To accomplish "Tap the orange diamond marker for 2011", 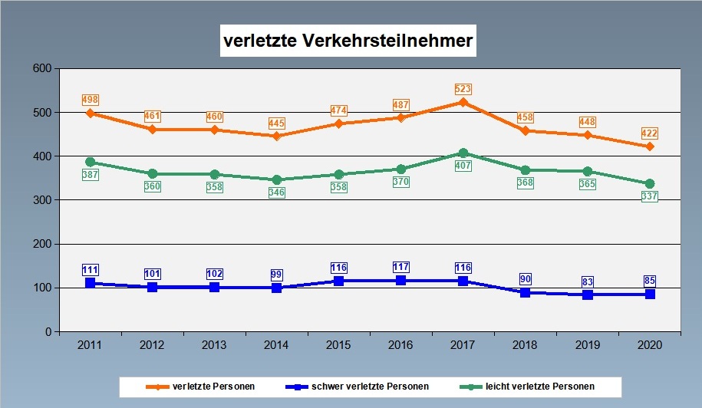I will coord(91,114).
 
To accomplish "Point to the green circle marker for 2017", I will coord(463,153).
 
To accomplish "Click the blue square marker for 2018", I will coord(525,292).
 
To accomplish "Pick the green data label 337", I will coord(649,197).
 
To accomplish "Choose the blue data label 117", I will coord(400,267).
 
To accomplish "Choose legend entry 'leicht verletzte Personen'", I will coord(535,386).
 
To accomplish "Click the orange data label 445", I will coord(277,123).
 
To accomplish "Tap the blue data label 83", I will coord(587,281).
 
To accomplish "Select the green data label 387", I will coord(91,176).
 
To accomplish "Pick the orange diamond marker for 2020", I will coord(649,146).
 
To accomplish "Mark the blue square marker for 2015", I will coord(338,281).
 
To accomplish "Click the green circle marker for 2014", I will coord(277,180).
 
